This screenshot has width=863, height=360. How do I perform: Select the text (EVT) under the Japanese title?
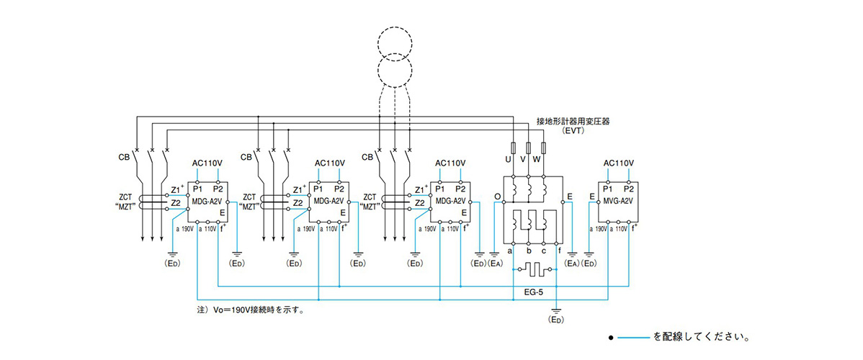point(573,132)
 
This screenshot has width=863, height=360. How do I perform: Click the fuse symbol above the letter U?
point(513,148)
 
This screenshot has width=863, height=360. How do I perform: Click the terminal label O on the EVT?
point(497,196)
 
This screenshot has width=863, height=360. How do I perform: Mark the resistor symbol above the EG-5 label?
point(534,272)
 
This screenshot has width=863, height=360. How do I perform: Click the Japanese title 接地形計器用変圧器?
point(573,122)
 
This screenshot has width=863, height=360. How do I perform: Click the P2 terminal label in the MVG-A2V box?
point(630,189)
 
